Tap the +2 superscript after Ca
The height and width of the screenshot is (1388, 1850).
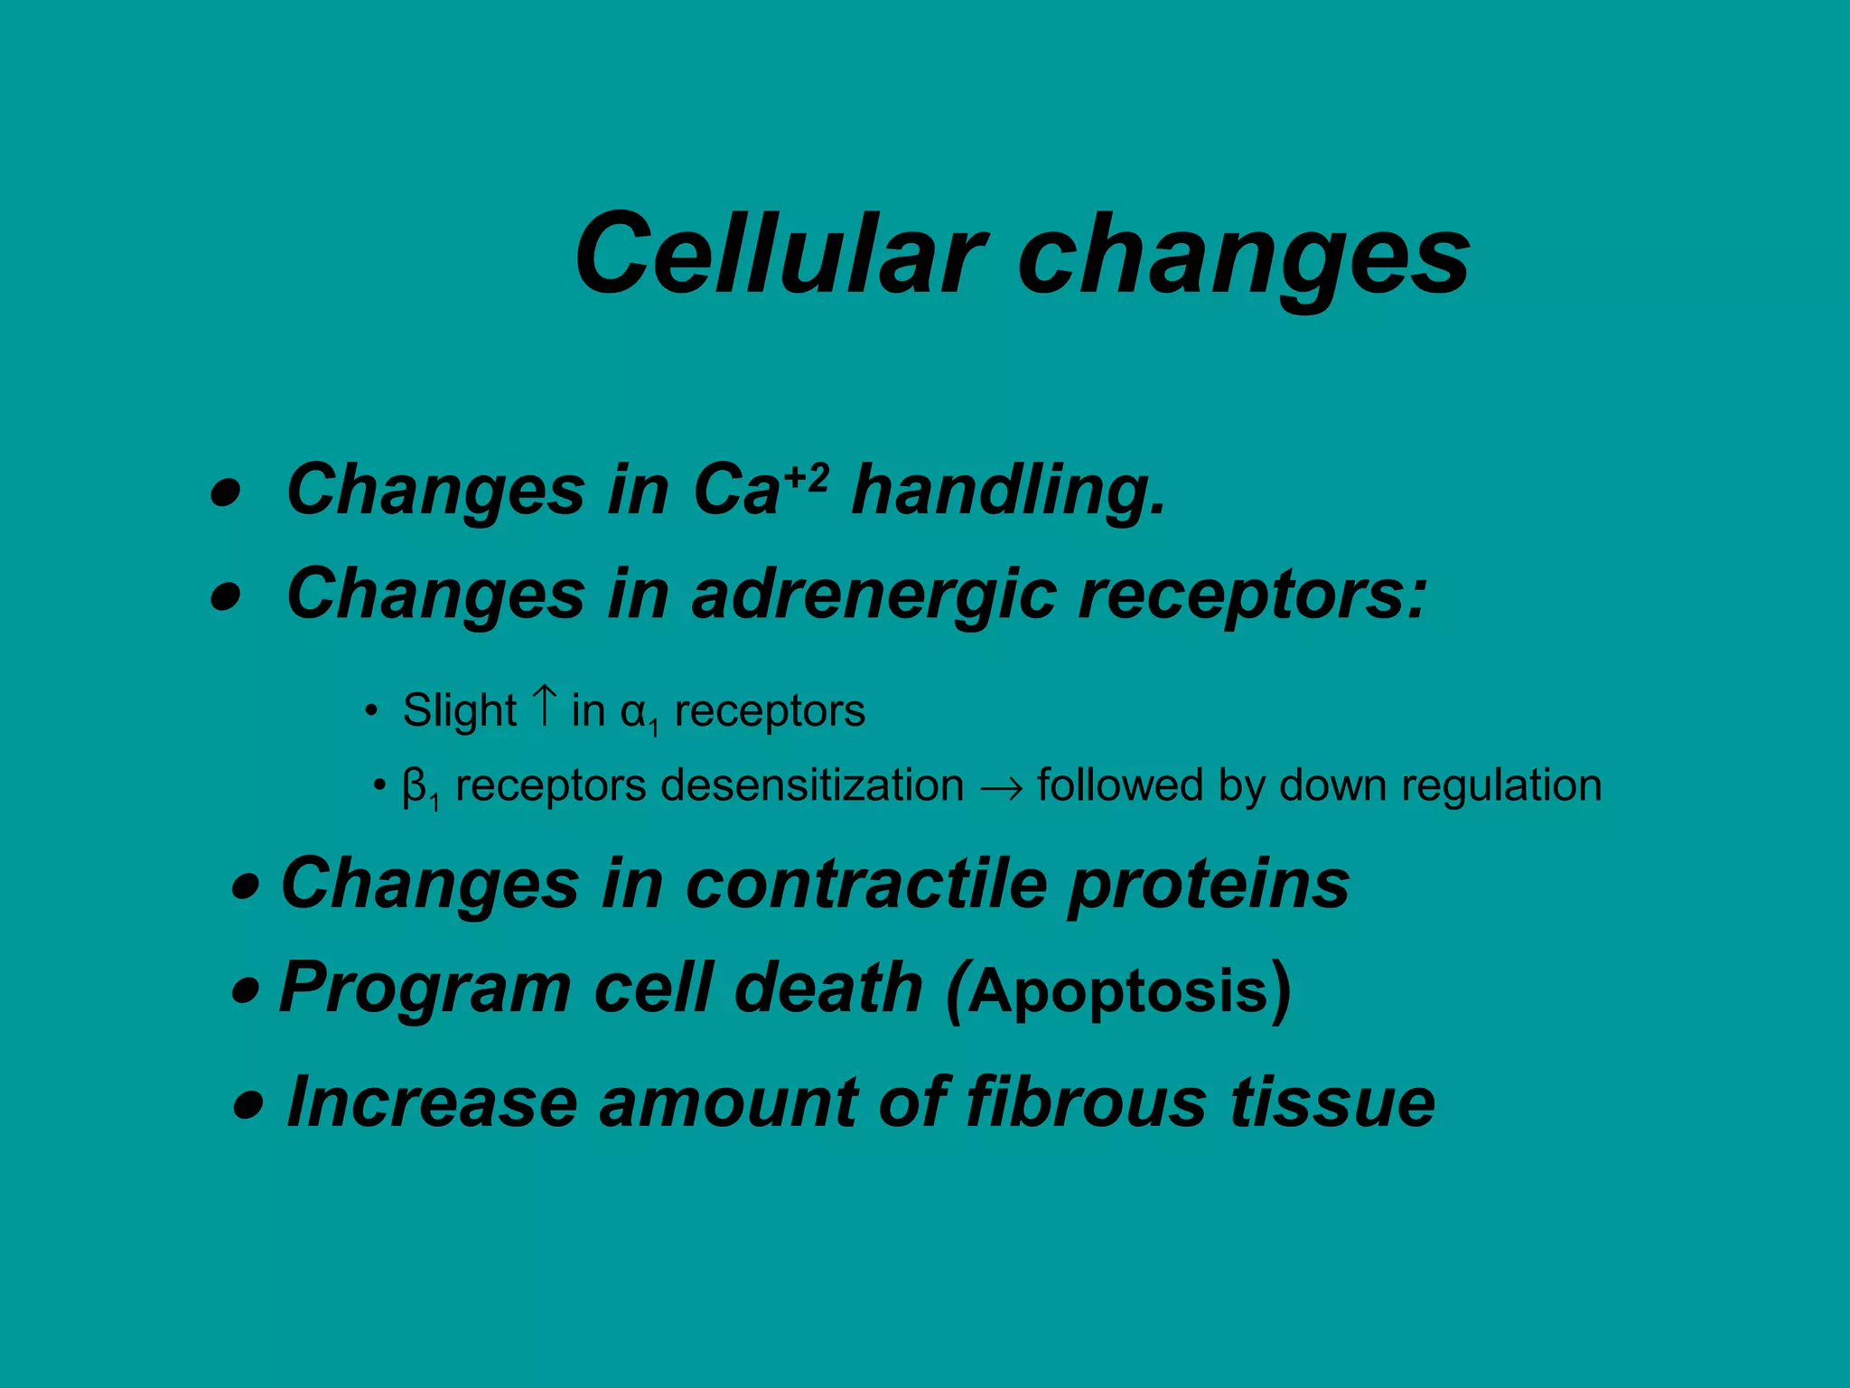pyautogui.click(x=806, y=476)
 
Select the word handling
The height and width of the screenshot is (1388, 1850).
pyautogui.click(x=1008, y=491)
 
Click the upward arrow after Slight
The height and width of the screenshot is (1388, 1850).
pyautogui.click(x=544, y=706)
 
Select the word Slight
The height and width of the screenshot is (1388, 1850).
pyautogui.click(x=459, y=710)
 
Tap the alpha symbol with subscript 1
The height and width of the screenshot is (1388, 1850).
pyautogui.click(x=639, y=713)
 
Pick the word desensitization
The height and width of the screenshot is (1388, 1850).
pyautogui.click(x=812, y=785)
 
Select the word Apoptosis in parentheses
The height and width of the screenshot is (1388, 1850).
pyautogui.click(x=1118, y=991)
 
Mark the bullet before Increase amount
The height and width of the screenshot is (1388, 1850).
pyautogui.click(x=248, y=1105)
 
